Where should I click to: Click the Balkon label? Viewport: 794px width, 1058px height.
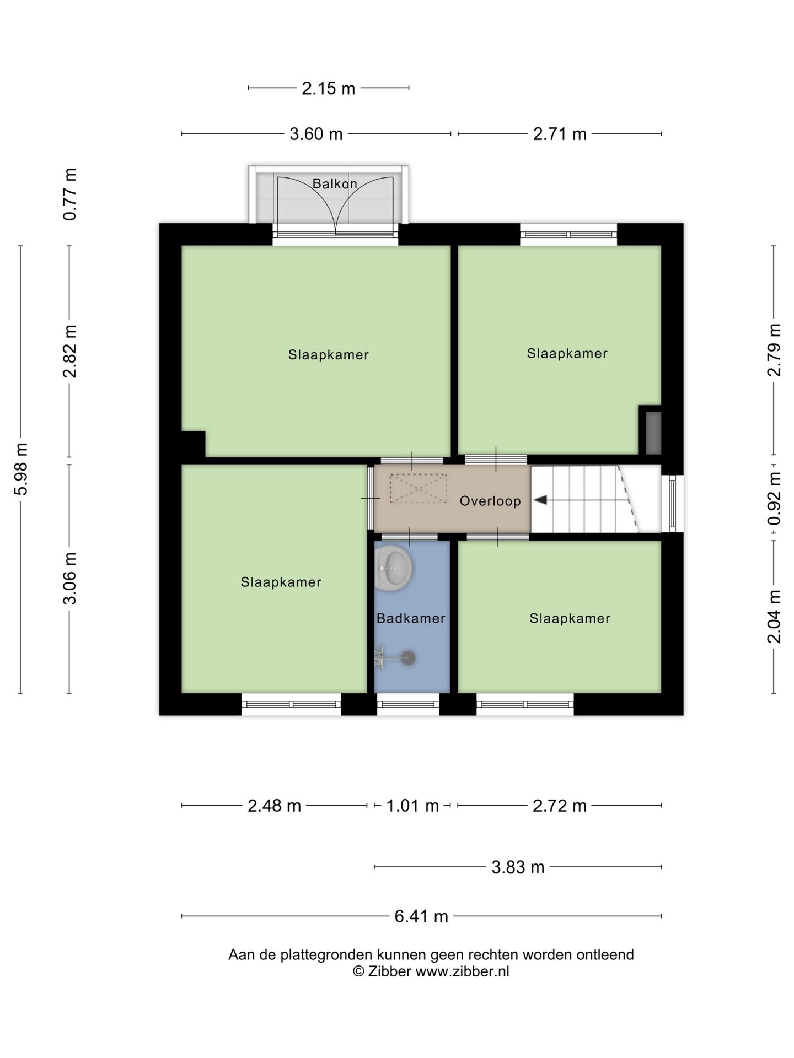(x=335, y=183)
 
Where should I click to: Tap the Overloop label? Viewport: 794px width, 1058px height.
(x=490, y=501)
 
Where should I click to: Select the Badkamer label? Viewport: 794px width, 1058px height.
(x=411, y=618)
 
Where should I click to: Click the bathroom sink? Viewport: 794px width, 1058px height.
(x=394, y=566)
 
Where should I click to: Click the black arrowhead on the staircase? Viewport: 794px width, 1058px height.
(x=541, y=500)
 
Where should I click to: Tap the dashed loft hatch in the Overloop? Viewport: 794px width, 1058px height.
(x=418, y=488)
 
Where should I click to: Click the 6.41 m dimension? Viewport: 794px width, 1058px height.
(x=421, y=916)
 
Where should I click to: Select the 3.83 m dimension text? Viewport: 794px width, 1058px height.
(x=518, y=867)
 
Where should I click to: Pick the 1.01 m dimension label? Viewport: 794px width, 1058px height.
(x=412, y=806)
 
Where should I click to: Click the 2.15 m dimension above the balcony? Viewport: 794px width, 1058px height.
(x=329, y=88)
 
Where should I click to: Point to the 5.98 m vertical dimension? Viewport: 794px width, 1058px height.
(x=20, y=469)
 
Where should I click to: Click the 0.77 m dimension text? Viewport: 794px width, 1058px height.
(x=69, y=195)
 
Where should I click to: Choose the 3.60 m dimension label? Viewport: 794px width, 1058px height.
(x=316, y=133)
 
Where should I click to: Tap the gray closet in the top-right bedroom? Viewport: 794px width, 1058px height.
(x=653, y=433)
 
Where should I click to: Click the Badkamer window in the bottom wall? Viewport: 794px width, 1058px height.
(x=408, y=704)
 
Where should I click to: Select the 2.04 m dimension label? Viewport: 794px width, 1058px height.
(x=774, y=616)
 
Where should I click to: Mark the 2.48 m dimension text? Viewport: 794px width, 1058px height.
(x=274, y=806)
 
